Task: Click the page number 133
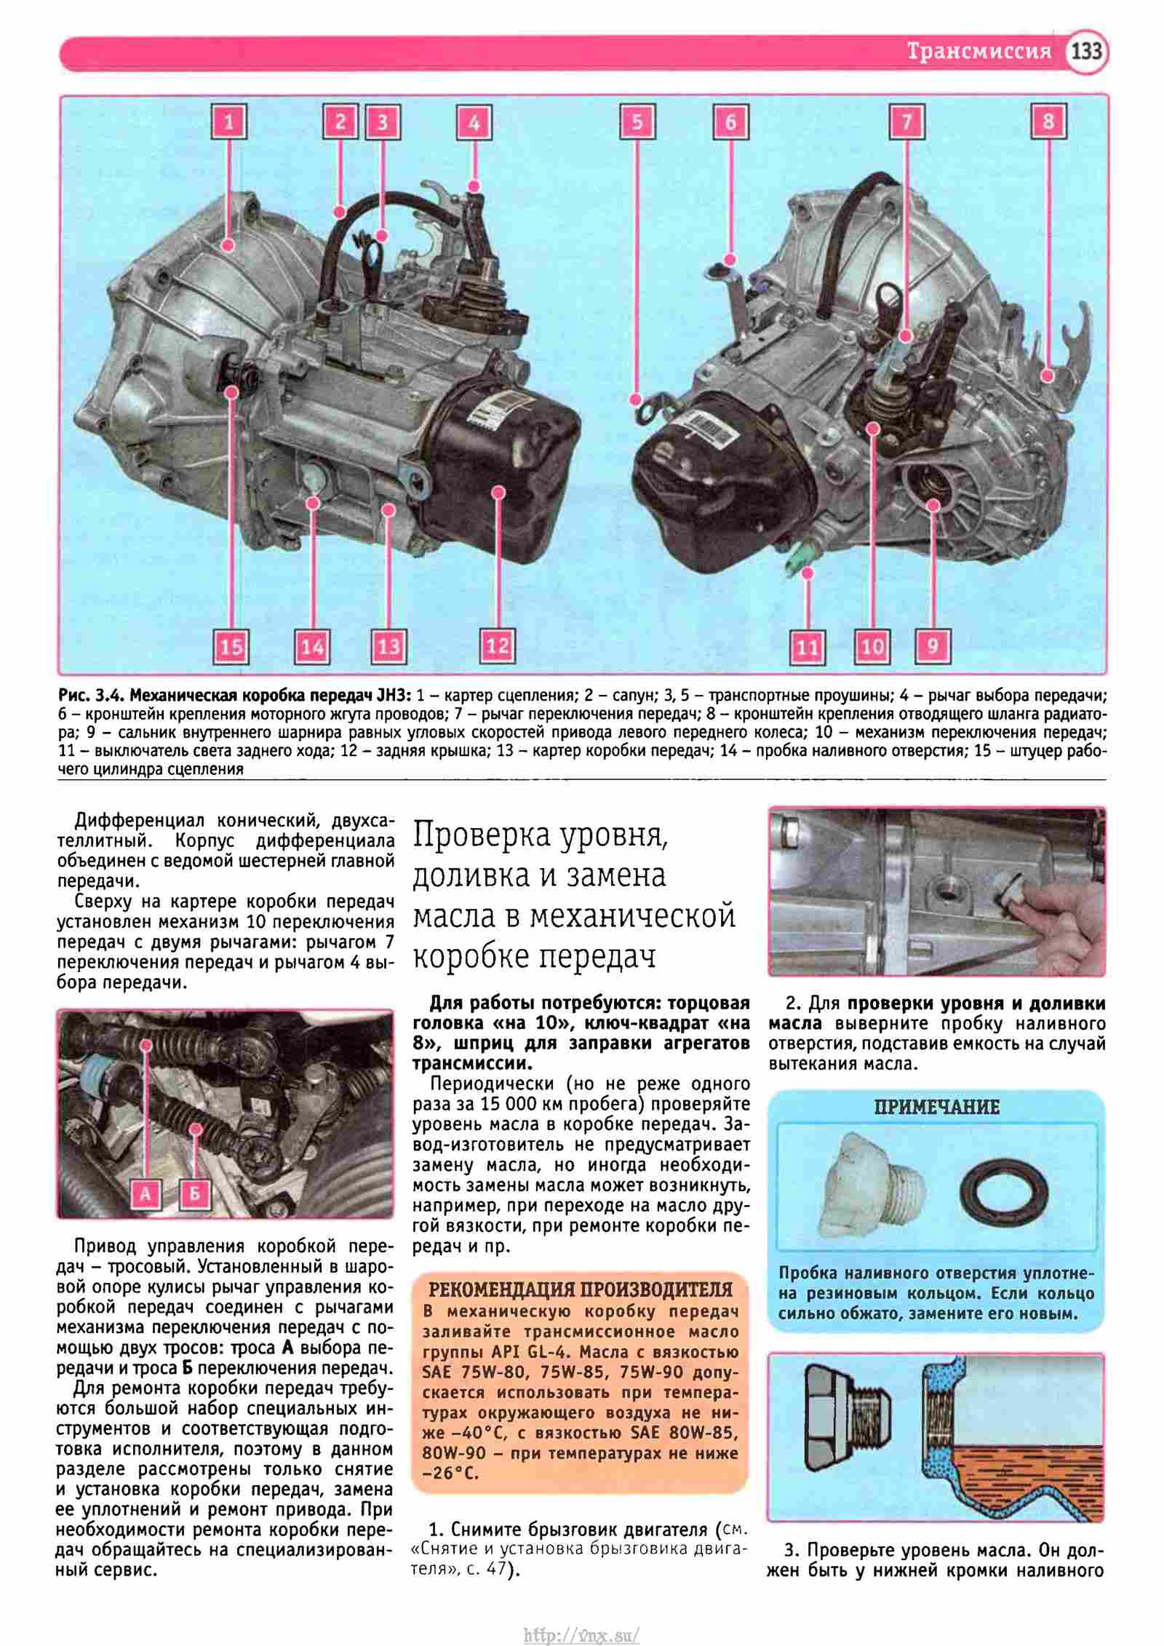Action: point(1086,52)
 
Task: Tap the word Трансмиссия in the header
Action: point(979,52)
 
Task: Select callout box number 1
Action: point(228,122)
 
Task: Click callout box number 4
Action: point(474,122)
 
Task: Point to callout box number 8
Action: point(1048,121)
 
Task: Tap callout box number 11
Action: point(808,646)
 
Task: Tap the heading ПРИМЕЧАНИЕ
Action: point(936,1108)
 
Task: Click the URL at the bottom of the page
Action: point(582,1629)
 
